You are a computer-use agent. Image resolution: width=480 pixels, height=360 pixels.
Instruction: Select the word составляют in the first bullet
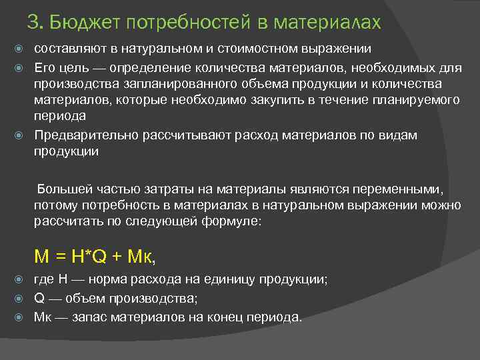tap(70, 49)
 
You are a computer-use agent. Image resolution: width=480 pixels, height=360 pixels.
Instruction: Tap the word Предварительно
tap(87, 135)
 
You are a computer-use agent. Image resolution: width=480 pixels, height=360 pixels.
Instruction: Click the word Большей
tap(64, 188)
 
